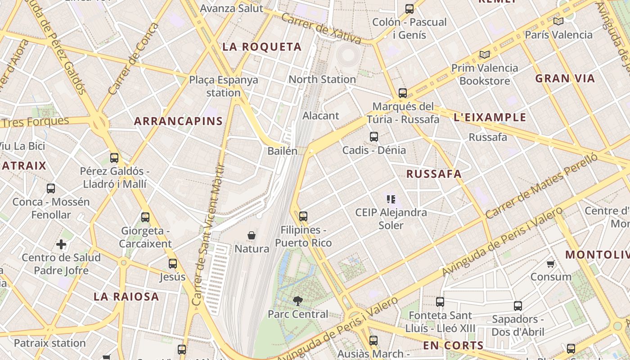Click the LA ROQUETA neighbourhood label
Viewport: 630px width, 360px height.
point(262,47)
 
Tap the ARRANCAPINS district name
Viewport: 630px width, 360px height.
point(178,121)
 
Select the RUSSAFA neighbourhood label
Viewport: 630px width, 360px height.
point(434,174)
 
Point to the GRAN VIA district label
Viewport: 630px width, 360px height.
point(565,79)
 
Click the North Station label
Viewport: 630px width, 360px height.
point(322,80)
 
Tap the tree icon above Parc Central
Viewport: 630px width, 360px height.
point(297,301)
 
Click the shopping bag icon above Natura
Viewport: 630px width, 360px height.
point(252,235)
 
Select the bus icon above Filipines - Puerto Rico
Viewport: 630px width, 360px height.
point(303,216)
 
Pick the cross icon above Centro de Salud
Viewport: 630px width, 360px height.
point(61,245)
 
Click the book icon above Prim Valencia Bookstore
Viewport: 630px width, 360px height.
point(484,55)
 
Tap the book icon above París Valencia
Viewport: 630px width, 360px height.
point(558,21)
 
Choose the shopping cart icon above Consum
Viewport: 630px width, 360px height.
point(550,264)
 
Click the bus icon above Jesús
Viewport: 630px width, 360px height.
point(173,264)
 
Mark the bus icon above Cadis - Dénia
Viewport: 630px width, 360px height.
point(374,137)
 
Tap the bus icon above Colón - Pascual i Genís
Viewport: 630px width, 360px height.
point(409,9)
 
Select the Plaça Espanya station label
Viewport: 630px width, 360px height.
point(224,86)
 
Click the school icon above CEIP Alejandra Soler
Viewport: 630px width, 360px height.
point(391,199)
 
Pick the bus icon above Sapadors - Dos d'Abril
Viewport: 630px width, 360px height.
point(518,306)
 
